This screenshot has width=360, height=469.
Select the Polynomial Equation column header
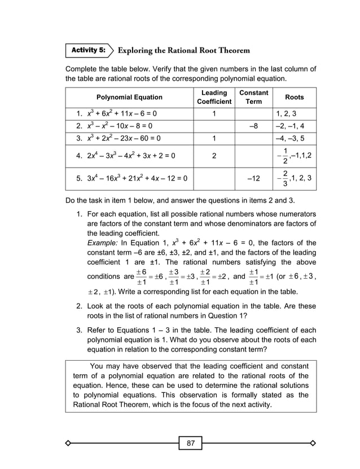(x=129, y=97)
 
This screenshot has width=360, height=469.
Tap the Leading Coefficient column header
(x=214, y=97)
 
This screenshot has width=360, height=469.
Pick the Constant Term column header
(x=254, y=97)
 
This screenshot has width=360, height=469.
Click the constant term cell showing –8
(x=254, y=125)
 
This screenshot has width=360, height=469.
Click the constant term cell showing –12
(x=254, y=178)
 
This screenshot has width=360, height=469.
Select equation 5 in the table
(x=132, y=178)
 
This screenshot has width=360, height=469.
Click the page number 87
(x=191, y=443)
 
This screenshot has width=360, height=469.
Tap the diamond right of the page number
(x=313, y=443)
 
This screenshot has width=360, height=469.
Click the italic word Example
(x=102, y=243)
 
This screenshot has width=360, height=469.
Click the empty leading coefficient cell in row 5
(x=214, y=178)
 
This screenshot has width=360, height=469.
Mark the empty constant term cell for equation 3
(x=254, y=137)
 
